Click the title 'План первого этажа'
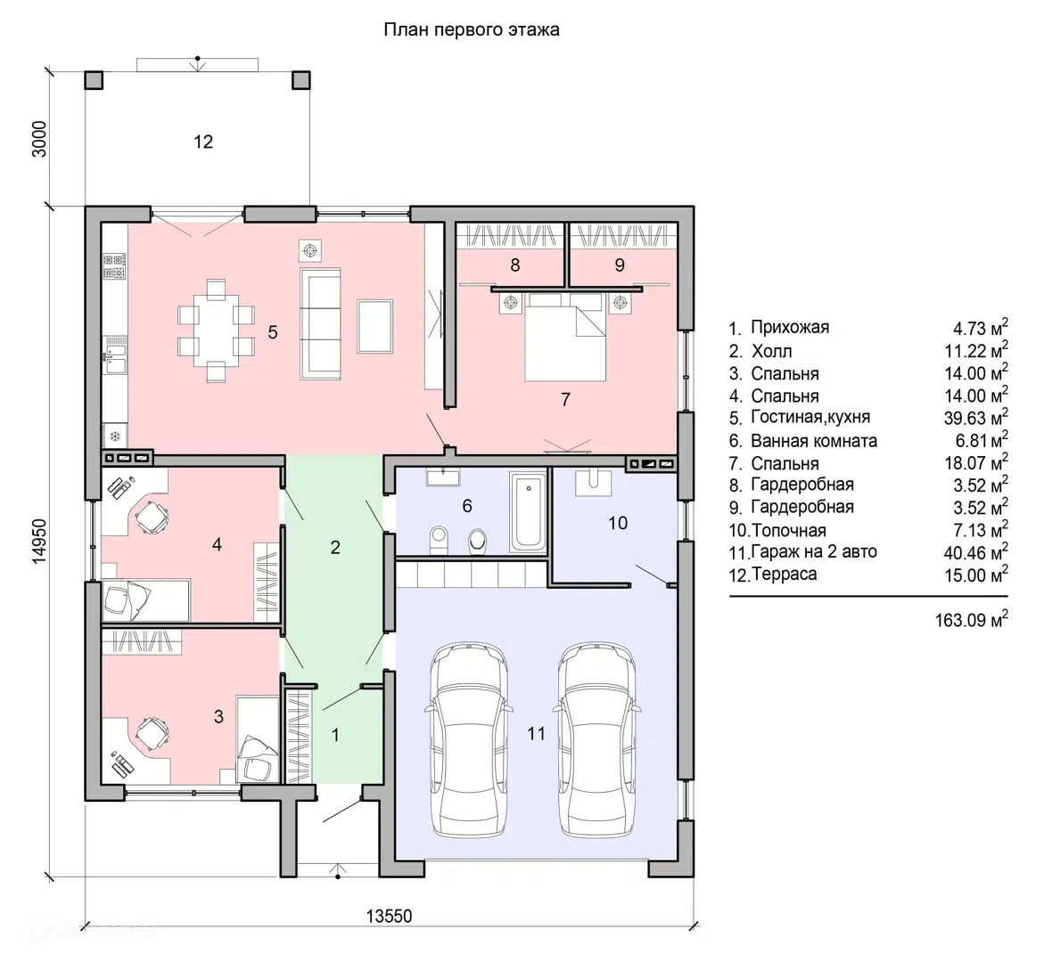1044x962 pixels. click(472, 30)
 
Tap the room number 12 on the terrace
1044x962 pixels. click(203, 142)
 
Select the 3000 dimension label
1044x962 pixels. click(40, 139)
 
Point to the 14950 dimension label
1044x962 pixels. click(40, 542)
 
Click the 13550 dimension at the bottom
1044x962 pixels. click(389, 916)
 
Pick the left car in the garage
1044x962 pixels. click(470, 738)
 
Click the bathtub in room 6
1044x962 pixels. click(528, 511)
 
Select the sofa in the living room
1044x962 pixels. click(321, 323)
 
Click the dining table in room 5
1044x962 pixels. click(216, 331)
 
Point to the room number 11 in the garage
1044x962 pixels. click(536, 734)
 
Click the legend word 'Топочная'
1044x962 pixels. click(789, 531)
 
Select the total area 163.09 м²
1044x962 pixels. click(972, 619)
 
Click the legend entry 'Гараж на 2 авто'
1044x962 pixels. click(814, 552)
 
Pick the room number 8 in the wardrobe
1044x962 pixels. click(515, 265)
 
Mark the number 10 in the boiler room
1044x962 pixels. click(618, 523)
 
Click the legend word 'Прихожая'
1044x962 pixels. click(790, 327)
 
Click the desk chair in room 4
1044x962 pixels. click(152, 517)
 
